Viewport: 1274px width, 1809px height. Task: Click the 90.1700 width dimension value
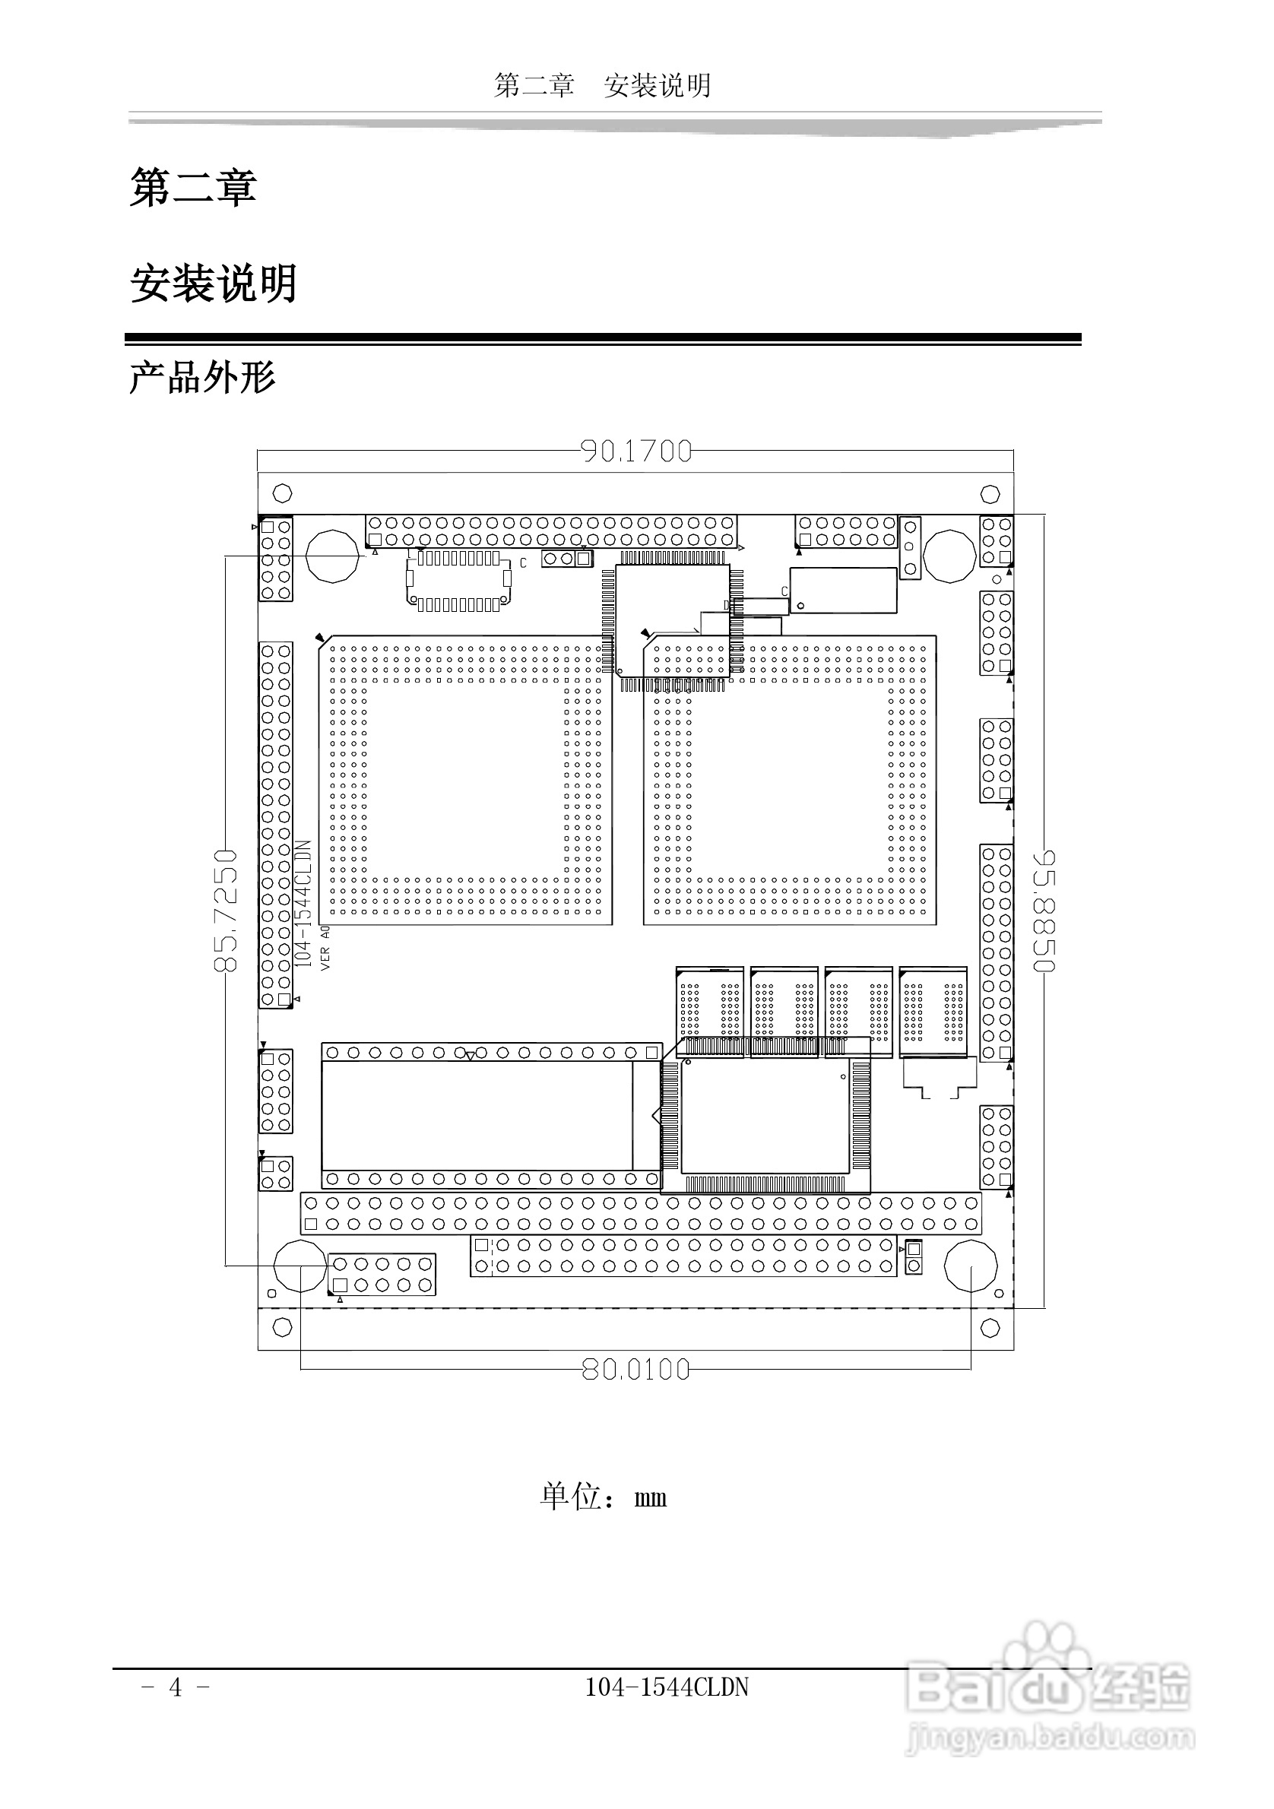(635, 451)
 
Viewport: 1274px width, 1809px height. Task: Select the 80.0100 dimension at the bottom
(635, 1370)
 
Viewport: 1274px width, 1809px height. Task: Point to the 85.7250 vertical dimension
(225, 910)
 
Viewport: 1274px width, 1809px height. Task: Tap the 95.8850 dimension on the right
(1045, 910)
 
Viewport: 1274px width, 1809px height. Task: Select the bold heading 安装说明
(214, 284)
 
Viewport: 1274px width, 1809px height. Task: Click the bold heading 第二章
(193, 189)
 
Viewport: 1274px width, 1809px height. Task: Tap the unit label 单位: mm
(604, 1496)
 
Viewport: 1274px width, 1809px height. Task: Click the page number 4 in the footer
(175, 1687)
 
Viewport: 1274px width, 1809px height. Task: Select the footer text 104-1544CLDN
(667, 1687)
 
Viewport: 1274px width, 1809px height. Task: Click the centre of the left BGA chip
(466, 780)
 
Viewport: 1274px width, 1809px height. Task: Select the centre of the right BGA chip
(791, 780)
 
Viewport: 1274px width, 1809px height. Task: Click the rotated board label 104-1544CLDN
(303, 904)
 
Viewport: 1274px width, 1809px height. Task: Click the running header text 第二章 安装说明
(603, 85)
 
